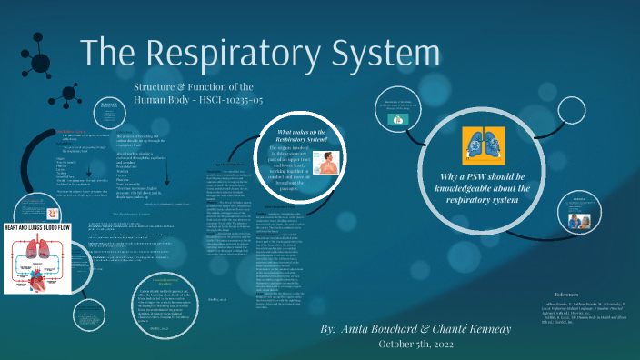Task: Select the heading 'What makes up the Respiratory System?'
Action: pyautogui.click(x=307, y=137)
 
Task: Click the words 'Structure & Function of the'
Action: pyautogui.click(x=185, y=85)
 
